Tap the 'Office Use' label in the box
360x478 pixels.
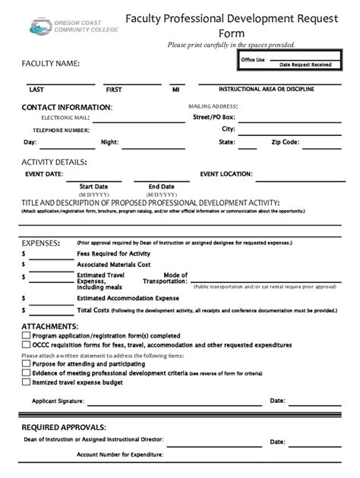[253, 59]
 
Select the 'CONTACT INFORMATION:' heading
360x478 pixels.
[67, 107]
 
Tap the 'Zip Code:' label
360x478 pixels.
[285, 142]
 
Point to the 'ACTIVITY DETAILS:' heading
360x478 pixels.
[54, 162]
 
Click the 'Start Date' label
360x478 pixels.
[93, 186]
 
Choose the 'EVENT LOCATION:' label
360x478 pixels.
[226, 174]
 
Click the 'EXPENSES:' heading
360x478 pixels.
[41, 242]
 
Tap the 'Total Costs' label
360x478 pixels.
[94, 310]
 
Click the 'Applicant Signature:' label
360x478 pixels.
[57, 401]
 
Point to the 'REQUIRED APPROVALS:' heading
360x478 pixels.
[64, 427]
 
